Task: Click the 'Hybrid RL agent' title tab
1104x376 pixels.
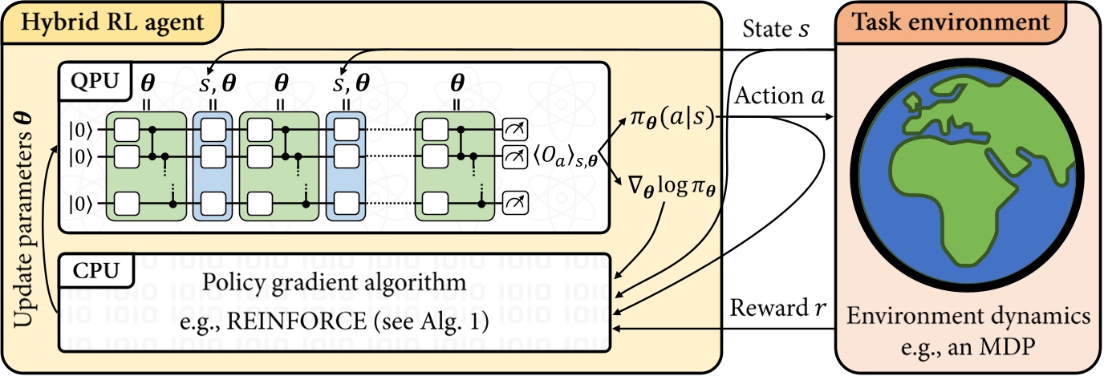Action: pyautogui.click(x=112, y=22)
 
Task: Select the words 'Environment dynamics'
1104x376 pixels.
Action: pyautogui.click(x=968, y=317)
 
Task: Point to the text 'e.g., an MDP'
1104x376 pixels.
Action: pyautogui.click(x=968, y=346)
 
